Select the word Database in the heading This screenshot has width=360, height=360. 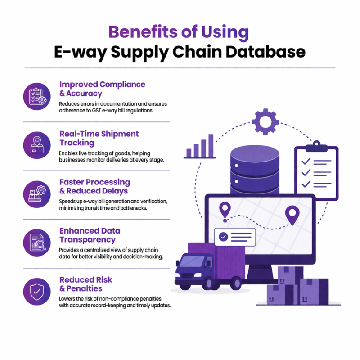266,51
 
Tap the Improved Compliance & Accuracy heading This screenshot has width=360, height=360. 102,89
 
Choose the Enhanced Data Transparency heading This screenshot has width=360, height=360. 90,235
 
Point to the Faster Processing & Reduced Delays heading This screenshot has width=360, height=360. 94,187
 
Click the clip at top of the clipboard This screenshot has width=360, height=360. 316,144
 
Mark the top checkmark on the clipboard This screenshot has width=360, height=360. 306,161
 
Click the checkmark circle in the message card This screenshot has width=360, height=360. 223,236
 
